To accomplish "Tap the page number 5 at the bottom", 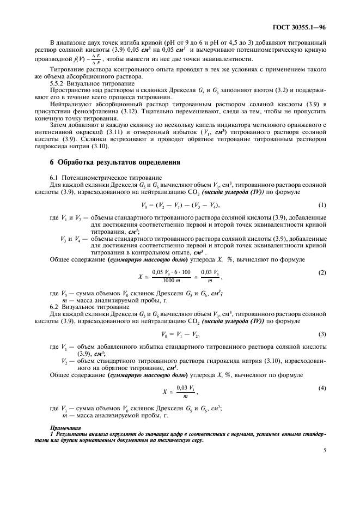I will point(325,450).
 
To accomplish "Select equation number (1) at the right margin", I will point(322,204).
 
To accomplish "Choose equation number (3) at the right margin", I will point(322,334).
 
